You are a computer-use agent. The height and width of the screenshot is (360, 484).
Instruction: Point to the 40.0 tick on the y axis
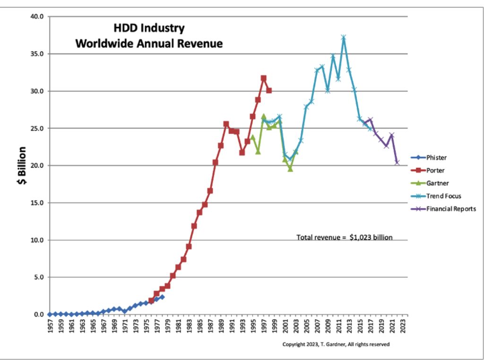[x=36, y=17]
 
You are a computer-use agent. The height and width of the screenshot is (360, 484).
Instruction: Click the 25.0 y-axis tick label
[x=36, y=128]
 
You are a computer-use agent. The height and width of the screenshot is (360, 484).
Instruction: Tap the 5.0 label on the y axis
[x=38, y=277]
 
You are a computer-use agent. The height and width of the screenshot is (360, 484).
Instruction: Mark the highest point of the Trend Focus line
[x=344, y=37]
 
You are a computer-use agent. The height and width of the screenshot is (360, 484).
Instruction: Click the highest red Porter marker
[x=263, y=78]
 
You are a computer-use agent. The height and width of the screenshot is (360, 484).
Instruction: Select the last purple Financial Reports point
[x=397, y=162]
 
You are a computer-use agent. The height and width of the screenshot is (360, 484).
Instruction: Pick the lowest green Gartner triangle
[x=290, y=169]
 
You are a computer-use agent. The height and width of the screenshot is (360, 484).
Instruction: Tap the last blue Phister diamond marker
[x=162, y=297]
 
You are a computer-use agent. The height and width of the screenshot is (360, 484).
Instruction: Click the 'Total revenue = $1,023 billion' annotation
[x=344, y=237]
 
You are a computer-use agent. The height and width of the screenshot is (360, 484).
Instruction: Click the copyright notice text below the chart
[x=336, y=344]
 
